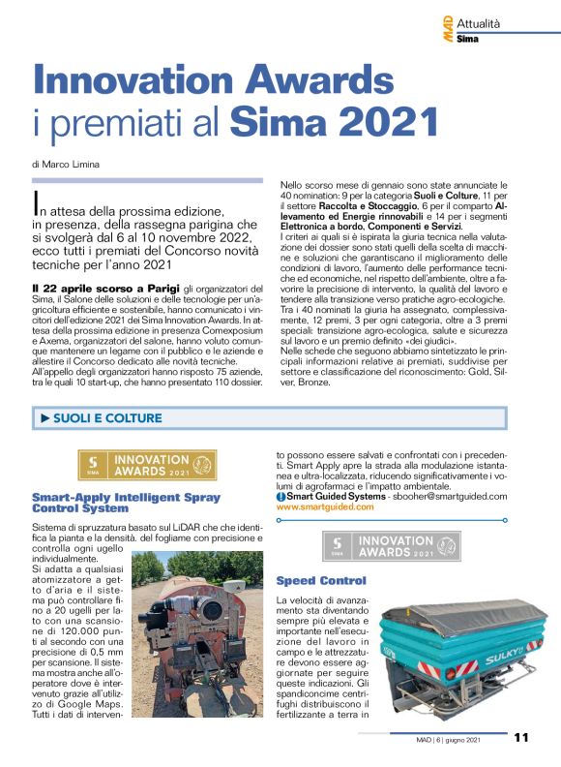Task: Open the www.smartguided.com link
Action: (324, 506)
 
